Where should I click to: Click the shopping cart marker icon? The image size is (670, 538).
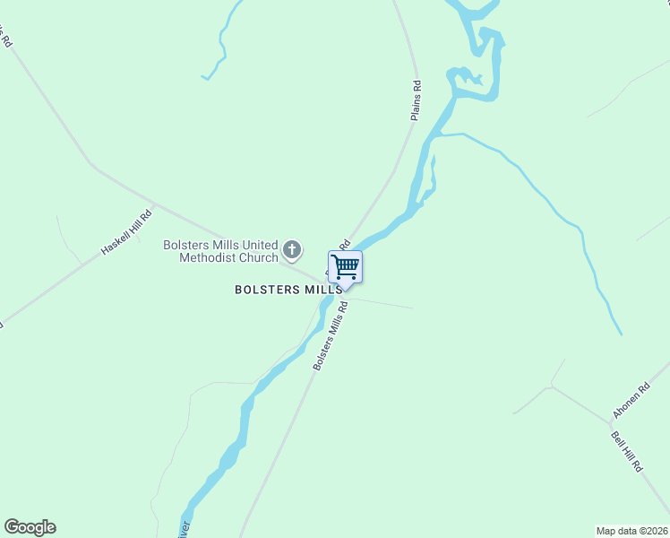click(345, 266)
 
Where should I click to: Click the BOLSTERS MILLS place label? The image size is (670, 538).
click(288, 290)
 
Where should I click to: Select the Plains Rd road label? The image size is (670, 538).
click(416, 100)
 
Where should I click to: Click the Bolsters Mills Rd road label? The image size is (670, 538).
click(330, 336)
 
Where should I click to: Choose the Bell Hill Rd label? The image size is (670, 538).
click(627, 451)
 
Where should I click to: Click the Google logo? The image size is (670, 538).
click(30, 527)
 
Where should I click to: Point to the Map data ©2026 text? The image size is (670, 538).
click(631, 530)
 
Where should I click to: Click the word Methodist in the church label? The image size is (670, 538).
click(205, 258)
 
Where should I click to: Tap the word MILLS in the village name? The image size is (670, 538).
click(323, 290)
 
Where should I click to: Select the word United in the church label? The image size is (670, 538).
click(261, 245)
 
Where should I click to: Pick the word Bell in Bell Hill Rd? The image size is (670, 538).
click(617, 439)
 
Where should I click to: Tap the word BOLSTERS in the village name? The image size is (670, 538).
click(269, 290)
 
